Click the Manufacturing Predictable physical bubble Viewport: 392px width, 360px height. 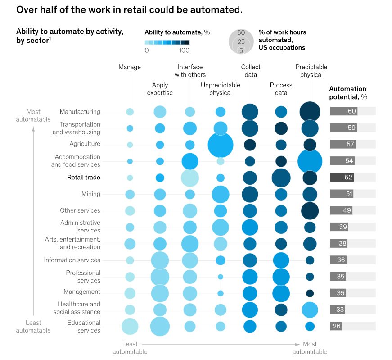(x=310, y=112)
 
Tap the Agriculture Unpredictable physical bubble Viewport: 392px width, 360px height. (x=221, y=145)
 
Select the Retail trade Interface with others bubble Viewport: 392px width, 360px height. (x=190, y=178)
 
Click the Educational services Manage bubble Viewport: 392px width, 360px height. (x=130, y=327)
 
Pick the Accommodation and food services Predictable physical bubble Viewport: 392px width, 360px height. (x=310, y=161)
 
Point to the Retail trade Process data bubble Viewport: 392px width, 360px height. (x=281, y=178)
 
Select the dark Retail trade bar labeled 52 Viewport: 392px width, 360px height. (x=342, y=178)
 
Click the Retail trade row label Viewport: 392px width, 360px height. (x=84, y=178)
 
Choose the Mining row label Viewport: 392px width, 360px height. (x=90, y=194)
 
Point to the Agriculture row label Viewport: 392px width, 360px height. (x=85, y=144)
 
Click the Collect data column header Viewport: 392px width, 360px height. (x=251, y=71)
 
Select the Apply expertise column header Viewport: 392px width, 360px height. (x=160, y=89)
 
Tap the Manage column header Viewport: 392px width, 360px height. (x=130, y=67)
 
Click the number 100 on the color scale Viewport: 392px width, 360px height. (x=184, y=50)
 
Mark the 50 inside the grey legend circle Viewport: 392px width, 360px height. (x=241, y=33)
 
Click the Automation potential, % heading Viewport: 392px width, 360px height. (x=347, y=92)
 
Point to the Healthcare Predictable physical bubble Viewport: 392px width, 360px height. (x=310, y=310)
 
